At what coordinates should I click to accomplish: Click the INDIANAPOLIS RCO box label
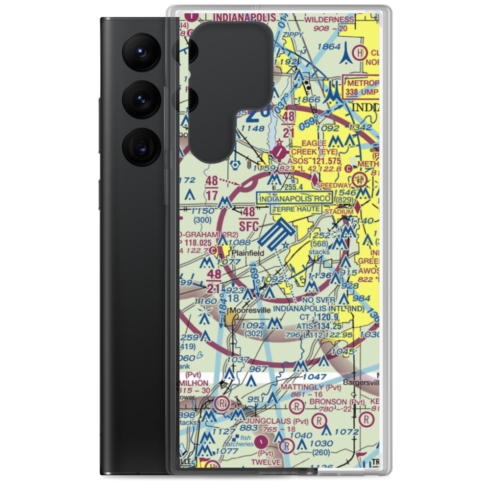[x=295, y=198]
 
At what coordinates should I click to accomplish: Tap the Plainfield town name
[x=247, y=253]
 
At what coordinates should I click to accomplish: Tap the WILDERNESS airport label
[x=329, y=20]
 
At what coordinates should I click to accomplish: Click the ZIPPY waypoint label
[x=293, y=34]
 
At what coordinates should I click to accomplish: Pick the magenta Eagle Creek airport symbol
[x=279, y=151]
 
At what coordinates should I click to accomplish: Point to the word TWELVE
[x=268, y=462]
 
